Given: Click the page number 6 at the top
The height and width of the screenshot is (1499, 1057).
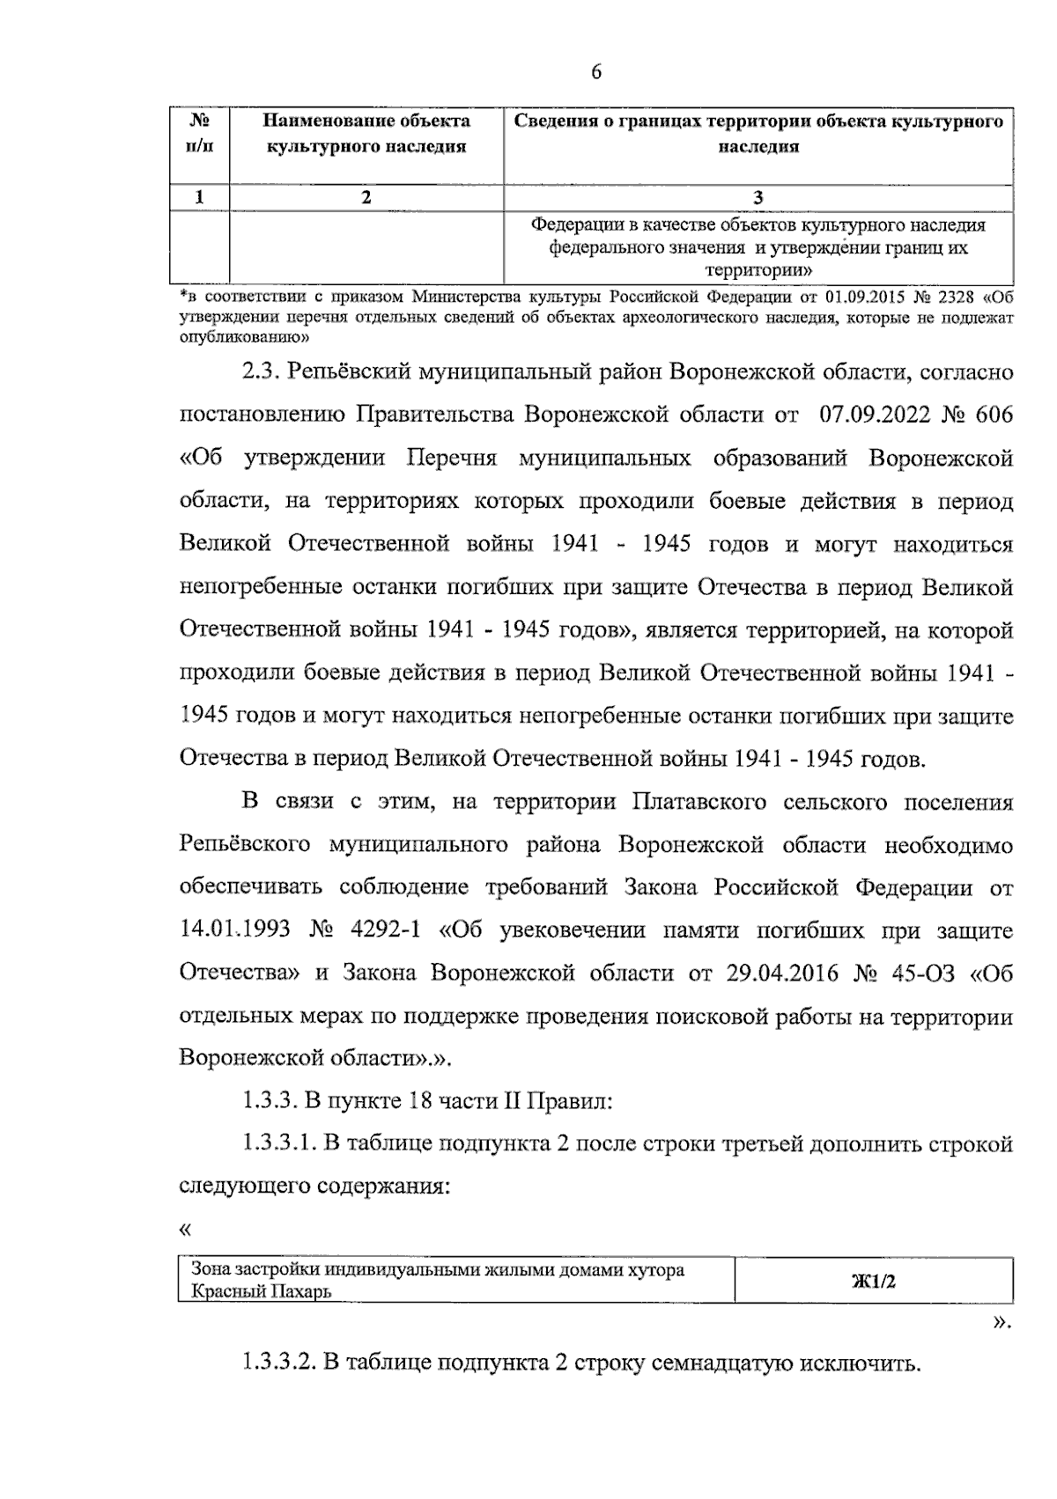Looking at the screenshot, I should click(x=596, y=73).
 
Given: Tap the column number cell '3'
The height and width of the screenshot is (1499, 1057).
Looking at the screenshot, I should click(x=758, y=197).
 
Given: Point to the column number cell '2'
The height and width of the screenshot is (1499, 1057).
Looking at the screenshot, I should click(x=366, y=197).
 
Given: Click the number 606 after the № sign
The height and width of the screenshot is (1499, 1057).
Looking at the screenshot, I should click(x=994, y=415).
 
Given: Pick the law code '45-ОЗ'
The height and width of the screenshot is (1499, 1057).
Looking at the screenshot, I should click(x=917, y=974).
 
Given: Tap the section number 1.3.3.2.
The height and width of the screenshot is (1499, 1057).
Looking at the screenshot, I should click(x=278, y=1364).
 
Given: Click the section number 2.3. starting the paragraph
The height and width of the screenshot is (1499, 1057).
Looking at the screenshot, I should click(x=261, y=371).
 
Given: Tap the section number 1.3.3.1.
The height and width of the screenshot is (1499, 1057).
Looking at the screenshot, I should click(x=278, y=1143).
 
